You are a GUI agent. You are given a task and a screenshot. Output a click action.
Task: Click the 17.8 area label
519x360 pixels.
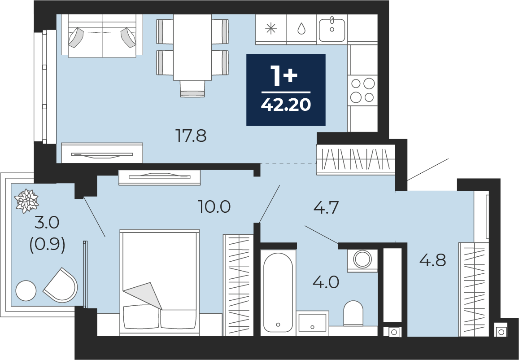coord(191,136)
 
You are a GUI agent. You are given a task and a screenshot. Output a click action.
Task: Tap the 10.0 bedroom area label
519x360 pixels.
coord(214,206)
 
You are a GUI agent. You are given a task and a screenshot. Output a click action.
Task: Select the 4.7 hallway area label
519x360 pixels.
coord(326,208)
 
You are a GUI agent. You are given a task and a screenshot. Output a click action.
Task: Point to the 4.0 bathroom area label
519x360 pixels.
coord(326,282)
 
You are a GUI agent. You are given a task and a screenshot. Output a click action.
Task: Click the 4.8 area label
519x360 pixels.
coord(432,260)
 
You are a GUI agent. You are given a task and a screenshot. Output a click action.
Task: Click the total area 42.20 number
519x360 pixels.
coord(286,105)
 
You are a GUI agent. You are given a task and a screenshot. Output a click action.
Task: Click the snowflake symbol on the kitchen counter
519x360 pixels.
coord(271,29)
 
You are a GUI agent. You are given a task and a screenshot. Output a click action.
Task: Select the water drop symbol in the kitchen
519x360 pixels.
coord(301,28)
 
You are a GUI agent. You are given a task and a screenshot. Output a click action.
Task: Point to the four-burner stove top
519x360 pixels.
coord(362,90)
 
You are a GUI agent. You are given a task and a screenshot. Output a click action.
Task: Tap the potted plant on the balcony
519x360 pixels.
coord(26,201)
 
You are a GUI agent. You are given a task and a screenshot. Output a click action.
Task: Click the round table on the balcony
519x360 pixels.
coord(26,290)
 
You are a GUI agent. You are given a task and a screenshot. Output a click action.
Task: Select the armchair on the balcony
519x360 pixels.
coord(61,285)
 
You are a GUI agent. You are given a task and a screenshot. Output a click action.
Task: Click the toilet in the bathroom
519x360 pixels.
coord(353,313)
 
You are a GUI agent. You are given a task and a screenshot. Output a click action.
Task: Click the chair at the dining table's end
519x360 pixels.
coord(192,89)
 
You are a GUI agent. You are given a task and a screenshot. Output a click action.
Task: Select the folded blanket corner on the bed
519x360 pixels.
coord(144,295)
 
